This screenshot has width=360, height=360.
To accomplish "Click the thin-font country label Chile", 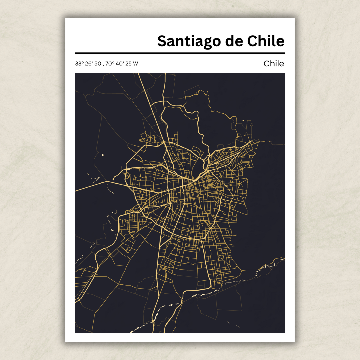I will (x=274, y=63).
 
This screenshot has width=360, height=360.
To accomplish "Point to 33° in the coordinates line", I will (x=79, y=64).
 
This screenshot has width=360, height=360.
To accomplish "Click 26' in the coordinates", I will (x=88, y=64).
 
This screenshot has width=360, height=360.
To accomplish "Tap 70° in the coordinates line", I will (x=110, y=64).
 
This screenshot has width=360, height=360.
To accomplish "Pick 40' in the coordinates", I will (x=119, y=64).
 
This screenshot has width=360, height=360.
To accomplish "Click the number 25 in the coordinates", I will (x=128, y=64).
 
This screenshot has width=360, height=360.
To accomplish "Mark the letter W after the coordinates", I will (x=135, y=64).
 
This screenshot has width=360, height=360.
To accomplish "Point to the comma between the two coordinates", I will (x=103, y=65).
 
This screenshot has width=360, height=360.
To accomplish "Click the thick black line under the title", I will (x=180, y=53).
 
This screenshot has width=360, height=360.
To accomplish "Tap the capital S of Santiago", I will (x=162, y=41).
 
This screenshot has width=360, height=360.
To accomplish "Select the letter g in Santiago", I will (x=203, y=43).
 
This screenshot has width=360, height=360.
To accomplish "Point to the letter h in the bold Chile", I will (x=263, y=41).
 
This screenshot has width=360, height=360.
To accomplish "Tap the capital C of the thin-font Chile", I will (x=266, y=63).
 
